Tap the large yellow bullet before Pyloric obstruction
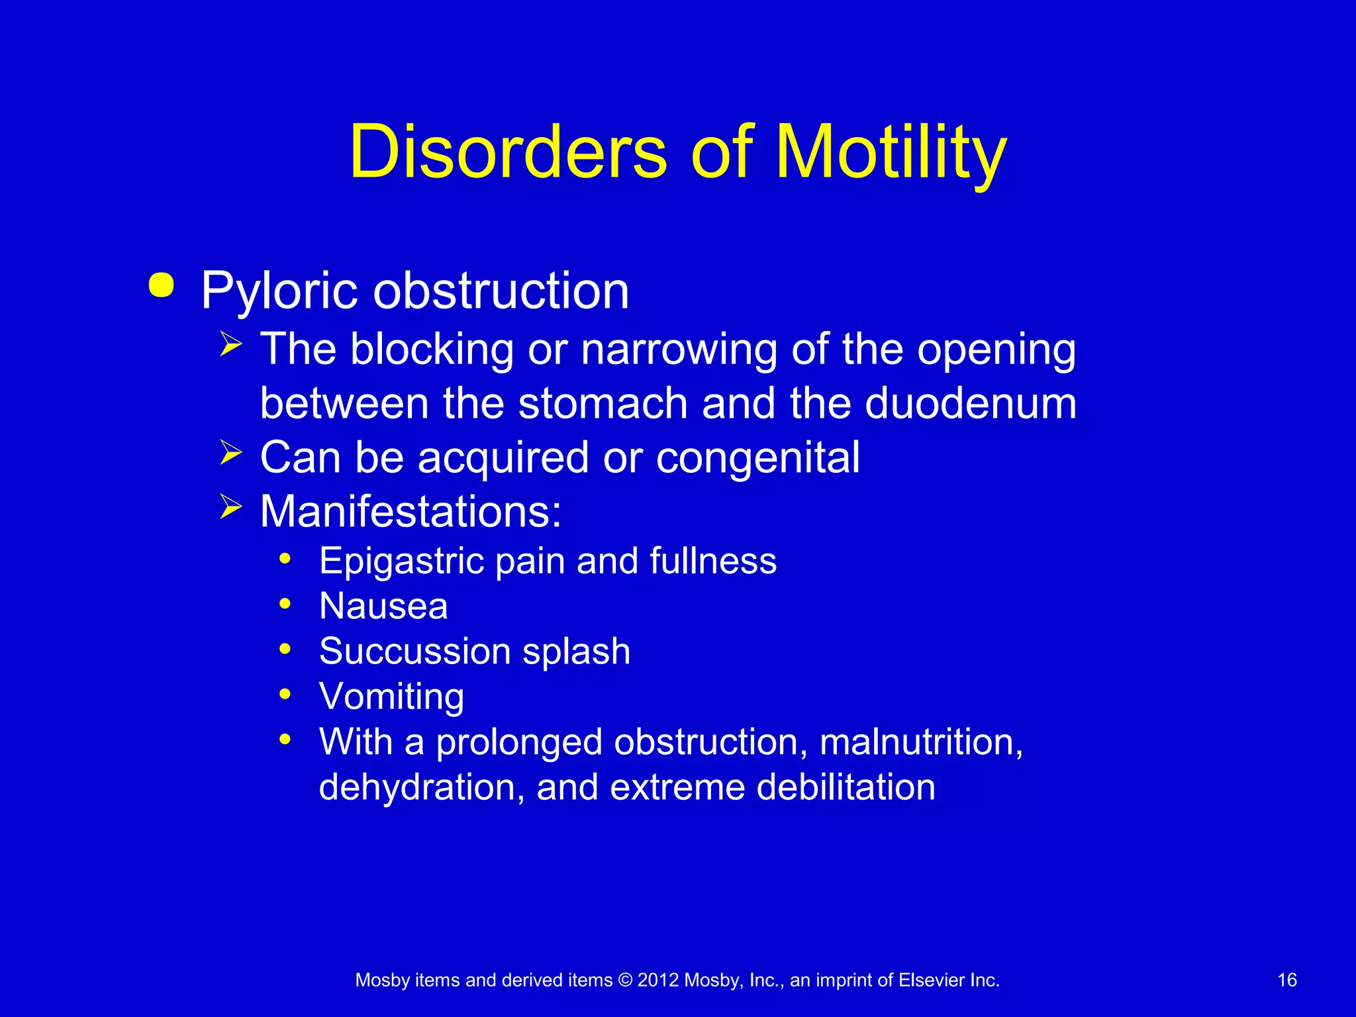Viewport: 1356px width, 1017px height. click(162, 285)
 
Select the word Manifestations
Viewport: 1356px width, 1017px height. click(411, 512)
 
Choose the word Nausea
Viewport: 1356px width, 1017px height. click(383, 606)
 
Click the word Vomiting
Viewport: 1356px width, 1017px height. click(391, 697)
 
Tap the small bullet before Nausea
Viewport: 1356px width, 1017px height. click(285, 604)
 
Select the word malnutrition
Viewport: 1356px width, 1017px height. click(921, 742)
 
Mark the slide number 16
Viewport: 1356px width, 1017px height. click(1286, 980)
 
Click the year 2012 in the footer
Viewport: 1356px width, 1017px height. click(658, 980)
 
